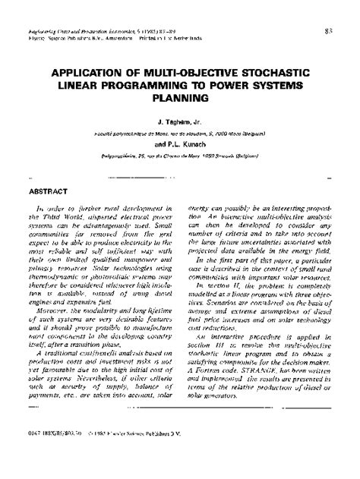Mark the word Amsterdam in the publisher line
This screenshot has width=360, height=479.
point(123,15)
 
